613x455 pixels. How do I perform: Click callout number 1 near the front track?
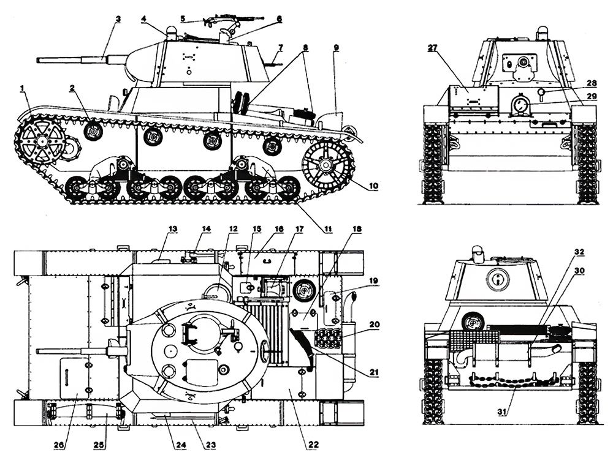click(23, 89)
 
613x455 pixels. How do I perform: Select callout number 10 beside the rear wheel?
click(374, 186)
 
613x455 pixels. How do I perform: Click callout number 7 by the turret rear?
click(280, 47)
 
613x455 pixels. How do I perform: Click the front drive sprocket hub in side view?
click(41, 141)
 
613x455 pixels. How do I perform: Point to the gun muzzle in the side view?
click(39, 60)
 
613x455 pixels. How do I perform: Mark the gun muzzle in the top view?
click(39, 352)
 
